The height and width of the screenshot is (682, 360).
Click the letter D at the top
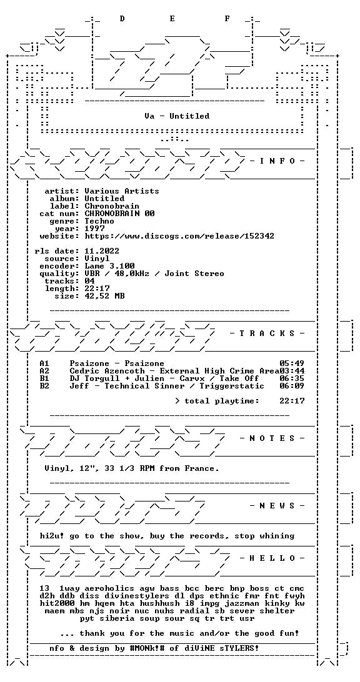[x=122, y=18]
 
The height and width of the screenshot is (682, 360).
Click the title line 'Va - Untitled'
[x=177, y=116]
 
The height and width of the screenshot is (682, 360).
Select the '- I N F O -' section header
[x=277, y=161]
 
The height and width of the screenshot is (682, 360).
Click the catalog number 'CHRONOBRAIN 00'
[x=119, y=214]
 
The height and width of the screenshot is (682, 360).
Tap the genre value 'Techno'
[x=99, y=221]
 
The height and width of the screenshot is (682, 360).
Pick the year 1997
[x=94, y=229]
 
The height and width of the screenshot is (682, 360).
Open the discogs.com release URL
[x=179, y=236]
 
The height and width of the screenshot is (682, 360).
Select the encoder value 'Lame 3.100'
[x=109, y=266]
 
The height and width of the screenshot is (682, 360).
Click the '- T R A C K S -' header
[x=267, y=334]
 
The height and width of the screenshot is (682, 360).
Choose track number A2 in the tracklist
[x=44, y=370]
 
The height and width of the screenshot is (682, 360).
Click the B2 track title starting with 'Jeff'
[x=167, y=386]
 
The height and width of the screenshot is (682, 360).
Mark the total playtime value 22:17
[x=292, y=400]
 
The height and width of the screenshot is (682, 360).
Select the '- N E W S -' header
[x=277, y=506]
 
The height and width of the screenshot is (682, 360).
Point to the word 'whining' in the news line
[x=276, y=536]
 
